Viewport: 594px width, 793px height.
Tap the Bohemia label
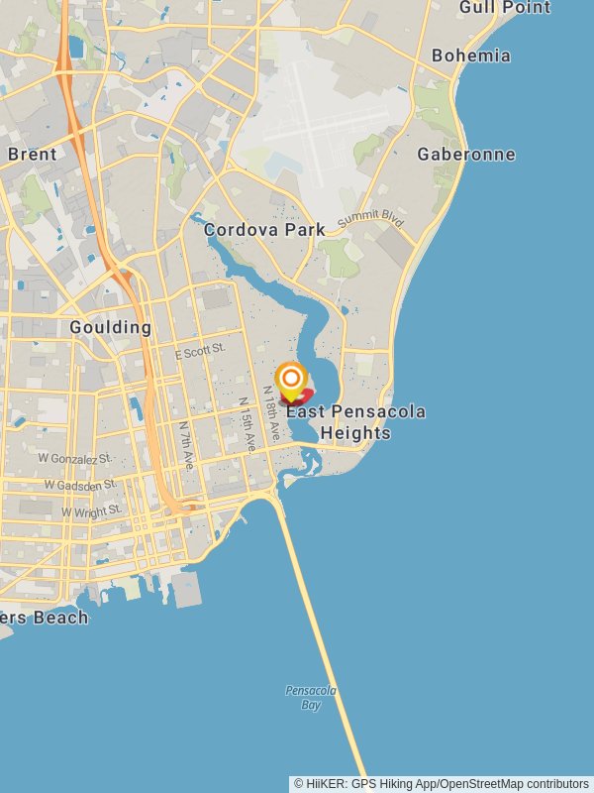click(471, 56)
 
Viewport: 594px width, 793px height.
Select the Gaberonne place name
click(466, 154)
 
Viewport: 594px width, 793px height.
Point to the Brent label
click(33, 154)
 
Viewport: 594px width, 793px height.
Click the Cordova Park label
click(264, 230)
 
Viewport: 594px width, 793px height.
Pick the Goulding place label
click(111, 327)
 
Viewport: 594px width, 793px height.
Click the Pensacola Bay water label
click(311, 697)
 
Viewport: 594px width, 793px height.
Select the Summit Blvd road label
click(370, 219)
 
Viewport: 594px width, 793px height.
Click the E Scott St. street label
click(200, 351)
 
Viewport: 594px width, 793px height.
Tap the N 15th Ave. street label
click(246, 426)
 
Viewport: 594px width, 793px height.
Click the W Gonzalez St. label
click(75, 459)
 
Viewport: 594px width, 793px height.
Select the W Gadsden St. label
click(80, 484)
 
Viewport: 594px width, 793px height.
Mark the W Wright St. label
click(91, 510)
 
